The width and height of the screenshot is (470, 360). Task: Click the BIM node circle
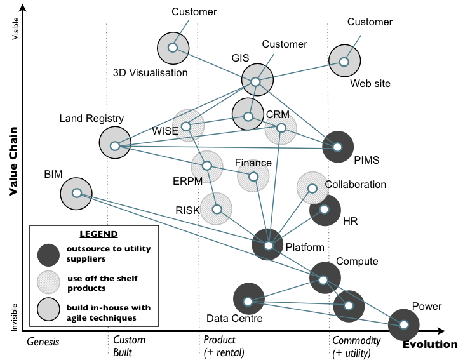click(76, 193)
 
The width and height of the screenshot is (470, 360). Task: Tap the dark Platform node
click(268, 244)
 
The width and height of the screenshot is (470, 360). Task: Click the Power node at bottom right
click(404, 324)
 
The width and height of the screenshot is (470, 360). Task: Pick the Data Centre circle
click(248, 301)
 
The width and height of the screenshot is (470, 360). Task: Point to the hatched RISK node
click(217, 209)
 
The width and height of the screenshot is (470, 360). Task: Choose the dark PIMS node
click(338, 147)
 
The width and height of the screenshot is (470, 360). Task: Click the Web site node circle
click(344, 62)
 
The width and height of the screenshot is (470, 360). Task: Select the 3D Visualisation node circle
click(173, 48)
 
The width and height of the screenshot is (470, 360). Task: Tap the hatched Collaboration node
click(312, 188)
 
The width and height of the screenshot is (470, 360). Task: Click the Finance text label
click(253, 163)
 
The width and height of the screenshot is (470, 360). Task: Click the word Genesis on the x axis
click(43, 342)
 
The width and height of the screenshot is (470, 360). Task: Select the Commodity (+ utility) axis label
click(356, 346)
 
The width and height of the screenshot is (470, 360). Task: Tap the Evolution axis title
click(429, 345)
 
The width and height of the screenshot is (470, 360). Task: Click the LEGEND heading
click(98, 234)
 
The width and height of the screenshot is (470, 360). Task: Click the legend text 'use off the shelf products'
click(102, 282)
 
